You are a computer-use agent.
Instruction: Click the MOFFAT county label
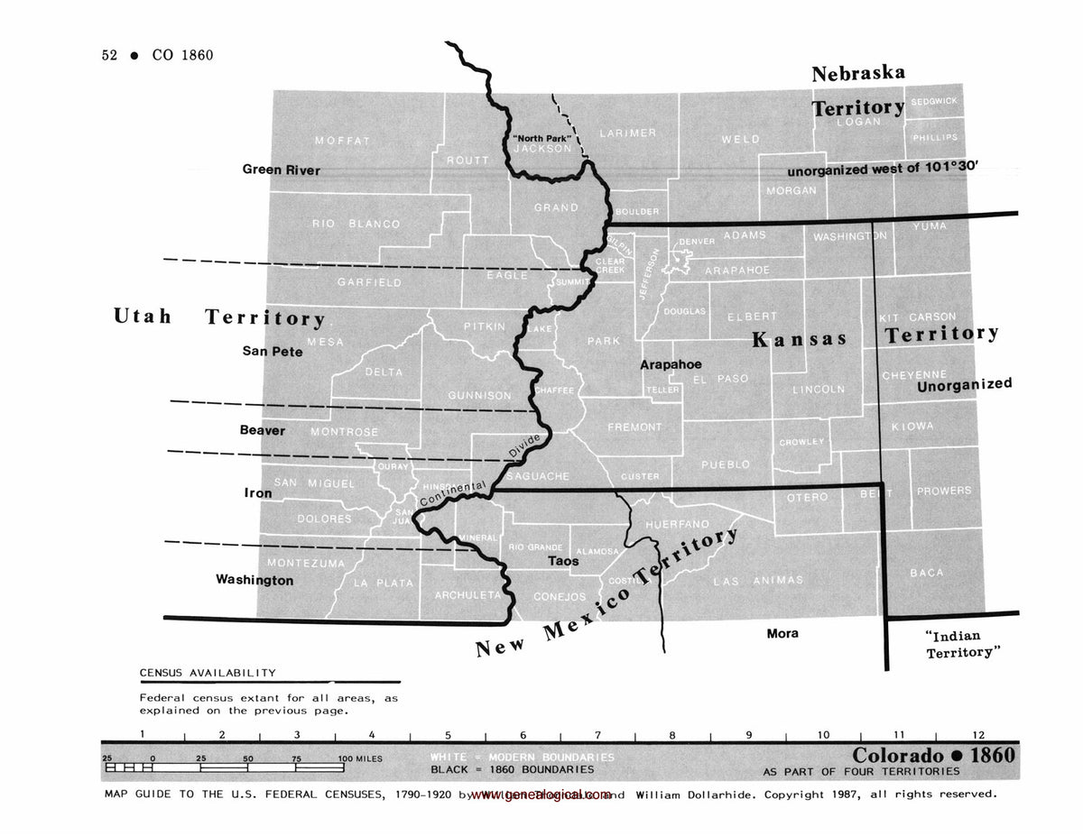click(342, 141)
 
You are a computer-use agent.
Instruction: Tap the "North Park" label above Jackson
click(541, 137)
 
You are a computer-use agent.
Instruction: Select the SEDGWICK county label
click(934, 101)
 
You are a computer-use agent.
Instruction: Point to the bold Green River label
click(281, 170)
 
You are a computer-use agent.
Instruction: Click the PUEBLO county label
click(726, 464)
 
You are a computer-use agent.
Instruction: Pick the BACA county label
click(927, 573)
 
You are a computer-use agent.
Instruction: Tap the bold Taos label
click(563, 561)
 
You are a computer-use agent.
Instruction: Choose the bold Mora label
click(782, 633)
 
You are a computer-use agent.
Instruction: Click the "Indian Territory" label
click(958, 644)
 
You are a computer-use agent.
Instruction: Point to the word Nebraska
click(857, 74)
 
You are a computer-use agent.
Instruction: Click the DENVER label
click(697, 242)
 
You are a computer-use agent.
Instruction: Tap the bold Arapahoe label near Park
click(671, 364)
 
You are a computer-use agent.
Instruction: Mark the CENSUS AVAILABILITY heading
click(208, 673)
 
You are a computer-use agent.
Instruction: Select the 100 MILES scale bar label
click(360, 759)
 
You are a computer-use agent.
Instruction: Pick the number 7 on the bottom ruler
click(597, 736)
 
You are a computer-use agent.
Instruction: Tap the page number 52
click(110, 55)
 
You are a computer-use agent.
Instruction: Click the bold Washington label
click(254, 580)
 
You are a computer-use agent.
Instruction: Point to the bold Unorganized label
click(964, 384)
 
